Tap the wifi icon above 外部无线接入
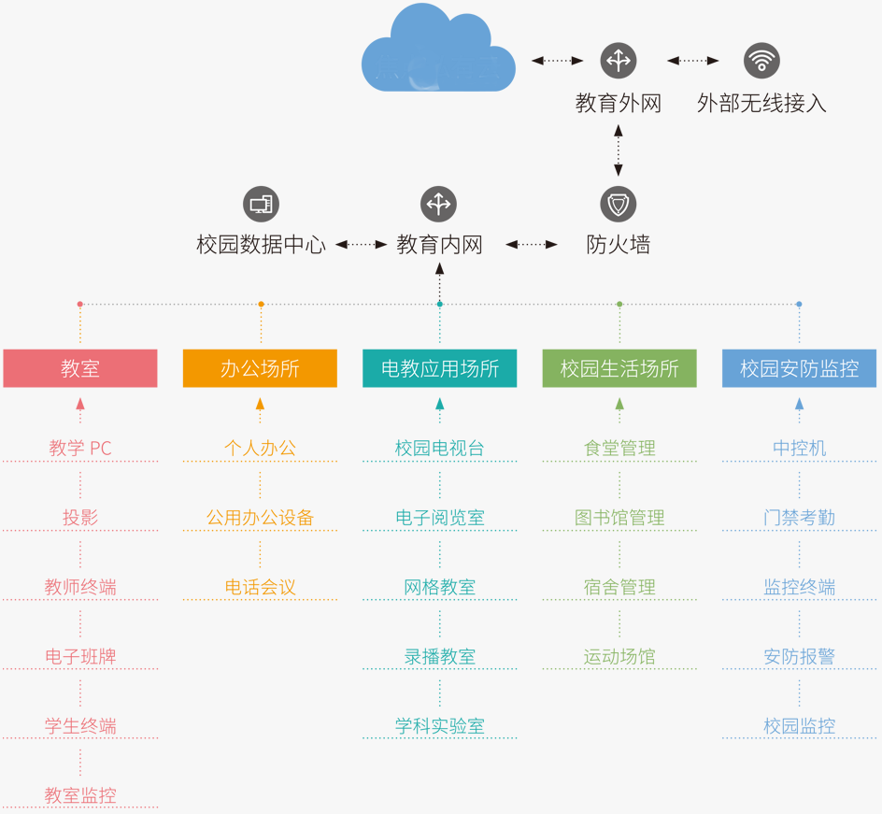pos(761,61)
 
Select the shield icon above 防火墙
pos(618,204)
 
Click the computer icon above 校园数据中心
pos(261,204)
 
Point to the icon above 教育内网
pos(438,204)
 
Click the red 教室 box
pos(80,368)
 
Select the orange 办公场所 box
pos(260,368)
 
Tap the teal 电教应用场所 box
pos(439,368)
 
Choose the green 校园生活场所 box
pos(619,368)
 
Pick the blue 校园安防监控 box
pos(799,368)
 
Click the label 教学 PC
pos(80,449)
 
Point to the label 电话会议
pos(260,588)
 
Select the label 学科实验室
pos(439,726)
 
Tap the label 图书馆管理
pos(619,518)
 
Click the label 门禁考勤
pos(799,518)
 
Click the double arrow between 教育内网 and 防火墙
pos(532,245)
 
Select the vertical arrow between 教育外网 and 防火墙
pos(618,150)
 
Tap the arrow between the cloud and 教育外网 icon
pos(557,61)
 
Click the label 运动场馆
pos(619,657)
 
